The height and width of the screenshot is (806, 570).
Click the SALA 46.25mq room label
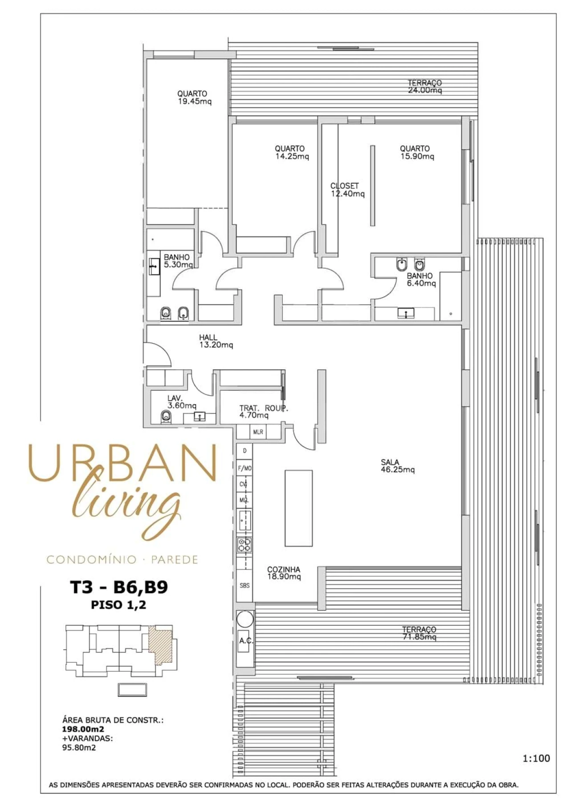pos(397,466)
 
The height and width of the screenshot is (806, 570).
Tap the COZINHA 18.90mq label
pos(284,573)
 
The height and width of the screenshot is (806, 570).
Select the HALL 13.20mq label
pos(216,341)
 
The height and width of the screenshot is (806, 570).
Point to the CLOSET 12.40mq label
pos(347,190)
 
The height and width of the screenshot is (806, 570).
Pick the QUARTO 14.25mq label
pos(291,152)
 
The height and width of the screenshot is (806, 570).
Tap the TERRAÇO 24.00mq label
pos(424,86)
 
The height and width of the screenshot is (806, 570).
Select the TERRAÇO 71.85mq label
pos(419,633)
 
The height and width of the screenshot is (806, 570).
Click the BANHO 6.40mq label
pos(421,279)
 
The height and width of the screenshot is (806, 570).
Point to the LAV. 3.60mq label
pos(181,402)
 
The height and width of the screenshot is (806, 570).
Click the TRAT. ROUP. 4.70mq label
pos(263,412)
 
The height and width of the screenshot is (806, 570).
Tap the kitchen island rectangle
pos(298,508)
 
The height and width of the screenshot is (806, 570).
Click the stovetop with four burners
pos(244,545)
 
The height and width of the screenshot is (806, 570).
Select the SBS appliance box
pos(244,585)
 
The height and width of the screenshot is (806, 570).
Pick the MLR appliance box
pos(258,432)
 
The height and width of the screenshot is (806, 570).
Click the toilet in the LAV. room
pos(166,417)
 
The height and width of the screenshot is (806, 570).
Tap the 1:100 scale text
pos(536,758)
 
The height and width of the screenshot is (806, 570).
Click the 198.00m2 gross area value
pos(83,729)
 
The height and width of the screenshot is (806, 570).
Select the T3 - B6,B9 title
pos(119,587)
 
